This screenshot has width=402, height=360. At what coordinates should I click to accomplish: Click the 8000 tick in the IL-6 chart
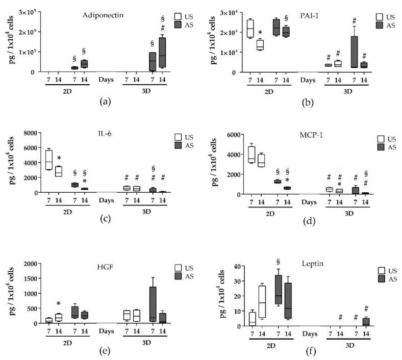tap(32, 133)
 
